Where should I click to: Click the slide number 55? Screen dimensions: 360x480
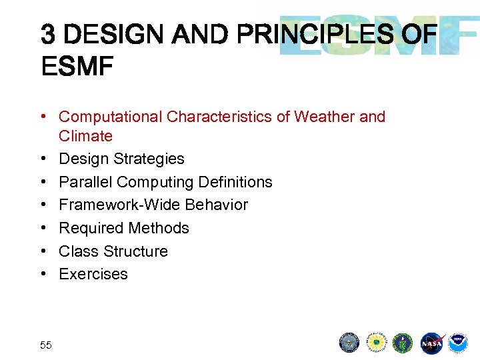pos(46,345)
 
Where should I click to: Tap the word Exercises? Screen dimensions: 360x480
pos(93,274)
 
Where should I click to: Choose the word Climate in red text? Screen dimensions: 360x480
pos(85,136)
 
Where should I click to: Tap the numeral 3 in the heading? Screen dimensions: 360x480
pos(47,34)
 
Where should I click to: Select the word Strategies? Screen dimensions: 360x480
pos(149,159)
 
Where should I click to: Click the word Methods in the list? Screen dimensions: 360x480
pos(161,228)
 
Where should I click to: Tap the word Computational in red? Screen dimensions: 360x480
pos(111,117)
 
